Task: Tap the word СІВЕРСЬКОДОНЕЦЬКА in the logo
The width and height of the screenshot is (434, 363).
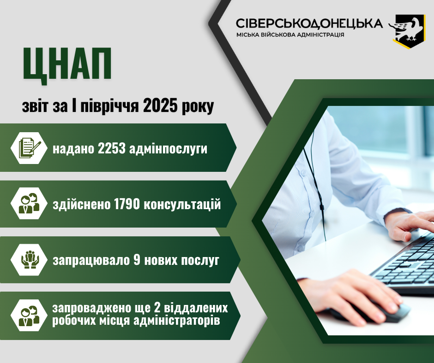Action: coord(309,23)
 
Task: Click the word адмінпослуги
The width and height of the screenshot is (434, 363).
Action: coord(168,149)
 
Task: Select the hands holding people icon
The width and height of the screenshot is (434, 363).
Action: coord(30,260)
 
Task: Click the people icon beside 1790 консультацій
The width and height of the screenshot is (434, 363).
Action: coord(29,203)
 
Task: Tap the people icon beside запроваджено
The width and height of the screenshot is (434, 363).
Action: coord(29,316)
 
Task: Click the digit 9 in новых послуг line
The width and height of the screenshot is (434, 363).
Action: coord(137,260)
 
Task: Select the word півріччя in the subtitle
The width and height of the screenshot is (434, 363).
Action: coord(109,106)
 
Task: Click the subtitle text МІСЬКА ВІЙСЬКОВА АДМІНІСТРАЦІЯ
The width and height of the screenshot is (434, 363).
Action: coord(290,35)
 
